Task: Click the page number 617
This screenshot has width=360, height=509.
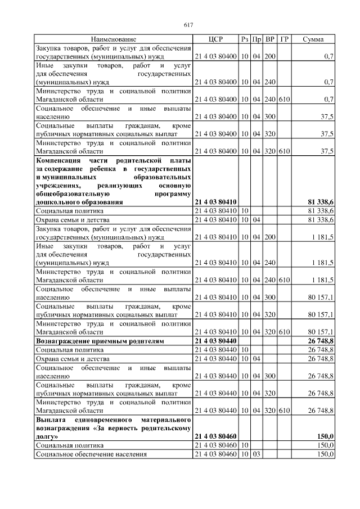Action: [x=188, y=24]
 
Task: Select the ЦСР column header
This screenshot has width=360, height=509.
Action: [x=215, y=39]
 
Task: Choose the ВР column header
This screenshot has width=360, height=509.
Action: [x=270, y=39]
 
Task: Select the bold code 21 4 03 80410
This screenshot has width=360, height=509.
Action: [x=215, y=201]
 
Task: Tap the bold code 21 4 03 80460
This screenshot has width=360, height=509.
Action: [x=215, y=436]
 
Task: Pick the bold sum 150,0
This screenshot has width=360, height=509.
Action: [x=326, y=436]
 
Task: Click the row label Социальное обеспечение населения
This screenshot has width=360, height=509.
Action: [x=91, y=454]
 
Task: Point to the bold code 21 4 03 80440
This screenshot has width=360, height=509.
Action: [x=215, y=341]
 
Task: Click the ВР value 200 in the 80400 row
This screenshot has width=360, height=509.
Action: [x=270, y=57]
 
